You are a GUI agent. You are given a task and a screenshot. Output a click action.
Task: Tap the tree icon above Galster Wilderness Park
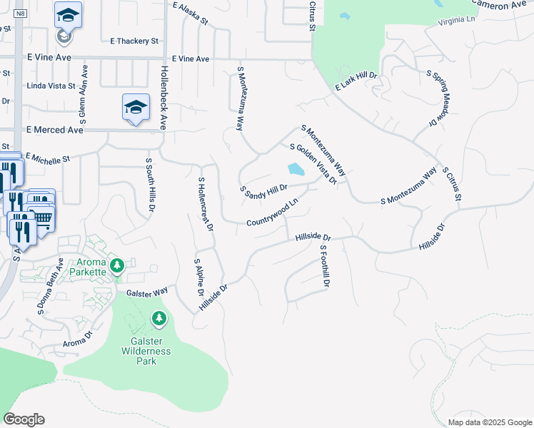[x=159, y=318]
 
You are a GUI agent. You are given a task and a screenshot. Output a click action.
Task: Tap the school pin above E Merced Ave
[x=136, y=108]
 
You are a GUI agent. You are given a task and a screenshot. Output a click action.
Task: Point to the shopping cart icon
[x=43, y=217]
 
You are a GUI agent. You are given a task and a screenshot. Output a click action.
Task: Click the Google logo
[x=24, y=419]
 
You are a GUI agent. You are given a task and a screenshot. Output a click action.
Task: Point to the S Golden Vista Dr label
[x=313, y=164]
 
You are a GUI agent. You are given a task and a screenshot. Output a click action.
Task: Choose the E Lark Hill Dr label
[x=356, y=81]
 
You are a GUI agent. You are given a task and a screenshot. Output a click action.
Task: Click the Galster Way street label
[x=147, y=291]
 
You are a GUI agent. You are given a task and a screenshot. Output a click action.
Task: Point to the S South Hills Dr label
[x=149, y=185]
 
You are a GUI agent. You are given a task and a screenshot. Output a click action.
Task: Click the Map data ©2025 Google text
[x=489, y=422]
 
